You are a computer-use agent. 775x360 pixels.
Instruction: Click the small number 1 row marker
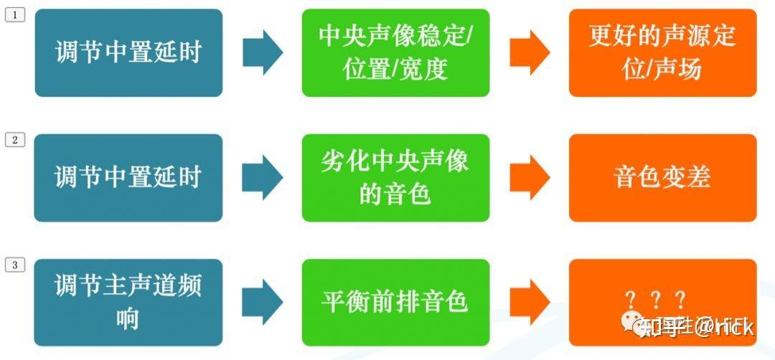pyautogui.click(x=15, y=15)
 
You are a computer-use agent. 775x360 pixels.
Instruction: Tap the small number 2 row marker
pyautogui.click(x=15, y=140)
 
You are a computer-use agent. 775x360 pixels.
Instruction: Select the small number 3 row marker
pyautogui.click(x=15, y=265)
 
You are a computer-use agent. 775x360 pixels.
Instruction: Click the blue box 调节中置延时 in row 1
pyautogui.click(x=128, y=52)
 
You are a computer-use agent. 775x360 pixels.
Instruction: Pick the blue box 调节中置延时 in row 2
pyautogui.click(x=128, y=177)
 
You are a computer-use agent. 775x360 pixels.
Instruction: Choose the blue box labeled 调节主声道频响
pyautogui.click(x=128, y=302)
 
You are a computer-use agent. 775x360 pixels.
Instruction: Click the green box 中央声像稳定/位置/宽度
pyautogui.click(x=395, y=52)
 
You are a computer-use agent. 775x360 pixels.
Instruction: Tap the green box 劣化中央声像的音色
pyautogui.click(x=395, y=177)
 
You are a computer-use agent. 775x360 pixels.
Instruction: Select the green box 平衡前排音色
pyautogui.click(x=395, y=302)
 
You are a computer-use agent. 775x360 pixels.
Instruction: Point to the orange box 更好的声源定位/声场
pyautogui.click(x=662, y=52)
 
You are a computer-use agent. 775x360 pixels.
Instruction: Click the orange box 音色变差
pyautogui.click(x=662, y=177)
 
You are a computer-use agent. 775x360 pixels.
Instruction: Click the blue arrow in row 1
pyautogui.click(x=263, y=52)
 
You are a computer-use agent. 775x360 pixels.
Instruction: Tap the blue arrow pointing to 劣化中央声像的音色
pyautogui.click(x=263, y=177)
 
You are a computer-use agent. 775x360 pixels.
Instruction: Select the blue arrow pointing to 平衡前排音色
pyautogui.click(x=263, y=302)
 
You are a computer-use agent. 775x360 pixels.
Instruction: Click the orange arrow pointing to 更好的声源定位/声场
pyautogui.click(x=530, y=52)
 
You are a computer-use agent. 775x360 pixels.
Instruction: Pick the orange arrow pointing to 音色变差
pyautogui.click(x=530, y=177)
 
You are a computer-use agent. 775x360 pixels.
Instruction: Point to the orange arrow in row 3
pyautogui.click(x=530, y=302)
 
